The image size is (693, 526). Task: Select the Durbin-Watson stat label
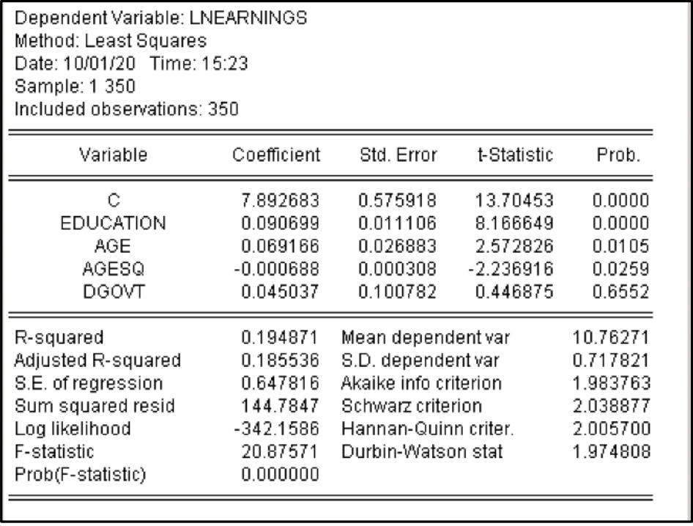[423, 431]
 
